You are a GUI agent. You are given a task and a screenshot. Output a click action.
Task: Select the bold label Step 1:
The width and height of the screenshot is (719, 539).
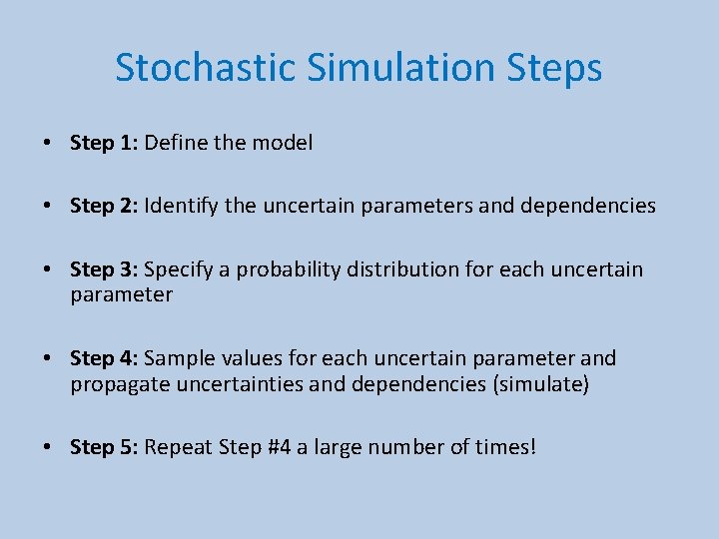tap(104, 143)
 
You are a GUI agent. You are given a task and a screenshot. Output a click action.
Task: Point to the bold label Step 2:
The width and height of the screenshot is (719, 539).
tap(104, 206)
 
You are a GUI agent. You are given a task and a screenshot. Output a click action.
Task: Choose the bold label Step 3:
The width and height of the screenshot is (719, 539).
tap(104, 269)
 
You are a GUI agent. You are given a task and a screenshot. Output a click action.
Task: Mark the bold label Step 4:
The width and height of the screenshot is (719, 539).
tap(104, 357)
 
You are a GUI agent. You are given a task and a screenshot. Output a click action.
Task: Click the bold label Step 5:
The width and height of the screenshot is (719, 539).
tap(104, 446)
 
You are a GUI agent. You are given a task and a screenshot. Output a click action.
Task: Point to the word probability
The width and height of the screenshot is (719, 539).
tap(286, 269)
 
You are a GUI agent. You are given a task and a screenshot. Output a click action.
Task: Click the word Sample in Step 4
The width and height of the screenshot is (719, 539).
tap(179, 357)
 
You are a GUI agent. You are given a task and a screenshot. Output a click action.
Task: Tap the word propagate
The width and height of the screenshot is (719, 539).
tap(114, 384)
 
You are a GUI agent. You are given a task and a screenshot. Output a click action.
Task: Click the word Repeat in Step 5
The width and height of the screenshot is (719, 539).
tap(178, 446)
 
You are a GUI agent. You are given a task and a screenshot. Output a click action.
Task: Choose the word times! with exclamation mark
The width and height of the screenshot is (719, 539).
tap(507, 446)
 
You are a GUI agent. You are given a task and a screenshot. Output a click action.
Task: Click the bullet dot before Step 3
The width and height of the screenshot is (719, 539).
tap(48, 270)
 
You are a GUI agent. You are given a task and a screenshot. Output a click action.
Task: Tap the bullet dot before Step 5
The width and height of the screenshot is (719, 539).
tap(48, 447)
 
